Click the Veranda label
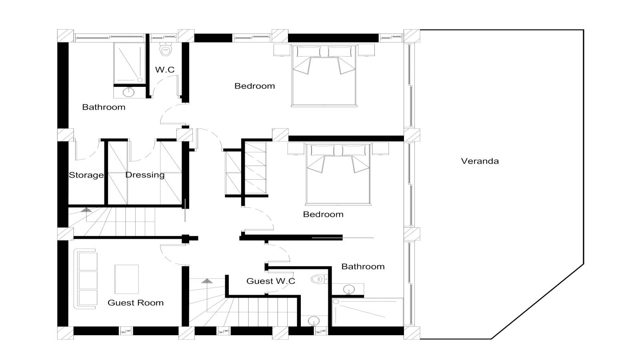pyautogui.click(x=480, y=161)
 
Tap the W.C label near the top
pyautogui.click(x=165, y=70)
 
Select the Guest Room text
pyautogui.click(x=136, y=303)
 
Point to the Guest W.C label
pyautogui.click(x=270, y=281)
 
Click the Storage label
pyautogui.click(x=86, y=175)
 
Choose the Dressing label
pyautogui.click(x=145, y=175)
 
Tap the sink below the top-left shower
pyautogui.click(x=128, y=92)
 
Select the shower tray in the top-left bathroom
pyautogui.click(x=130, y=63)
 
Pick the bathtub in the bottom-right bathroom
pyautogui.click(x=368, y=312)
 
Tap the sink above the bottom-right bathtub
pyautogui.click(x=349, y=290)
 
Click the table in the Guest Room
pyautogui.click(x=126, y=279)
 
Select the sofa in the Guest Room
pyautogui.click(x=86, y=279)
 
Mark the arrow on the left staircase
pyautogui.click(x=86, y=210)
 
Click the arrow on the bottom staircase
pyautogui.click(x=207, y=281)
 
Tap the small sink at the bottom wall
pyautogui.click(x=314, y=321)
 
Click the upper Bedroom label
pyautogui.click(x=254, y=86)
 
